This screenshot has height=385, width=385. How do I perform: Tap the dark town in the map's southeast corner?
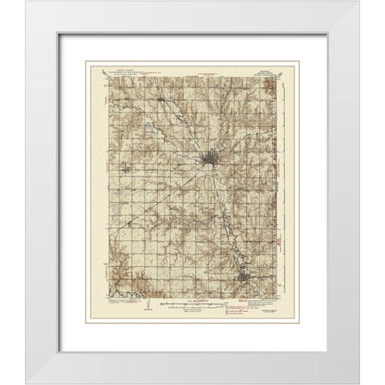[245, 278]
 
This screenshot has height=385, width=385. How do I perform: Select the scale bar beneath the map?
[192, 306]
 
